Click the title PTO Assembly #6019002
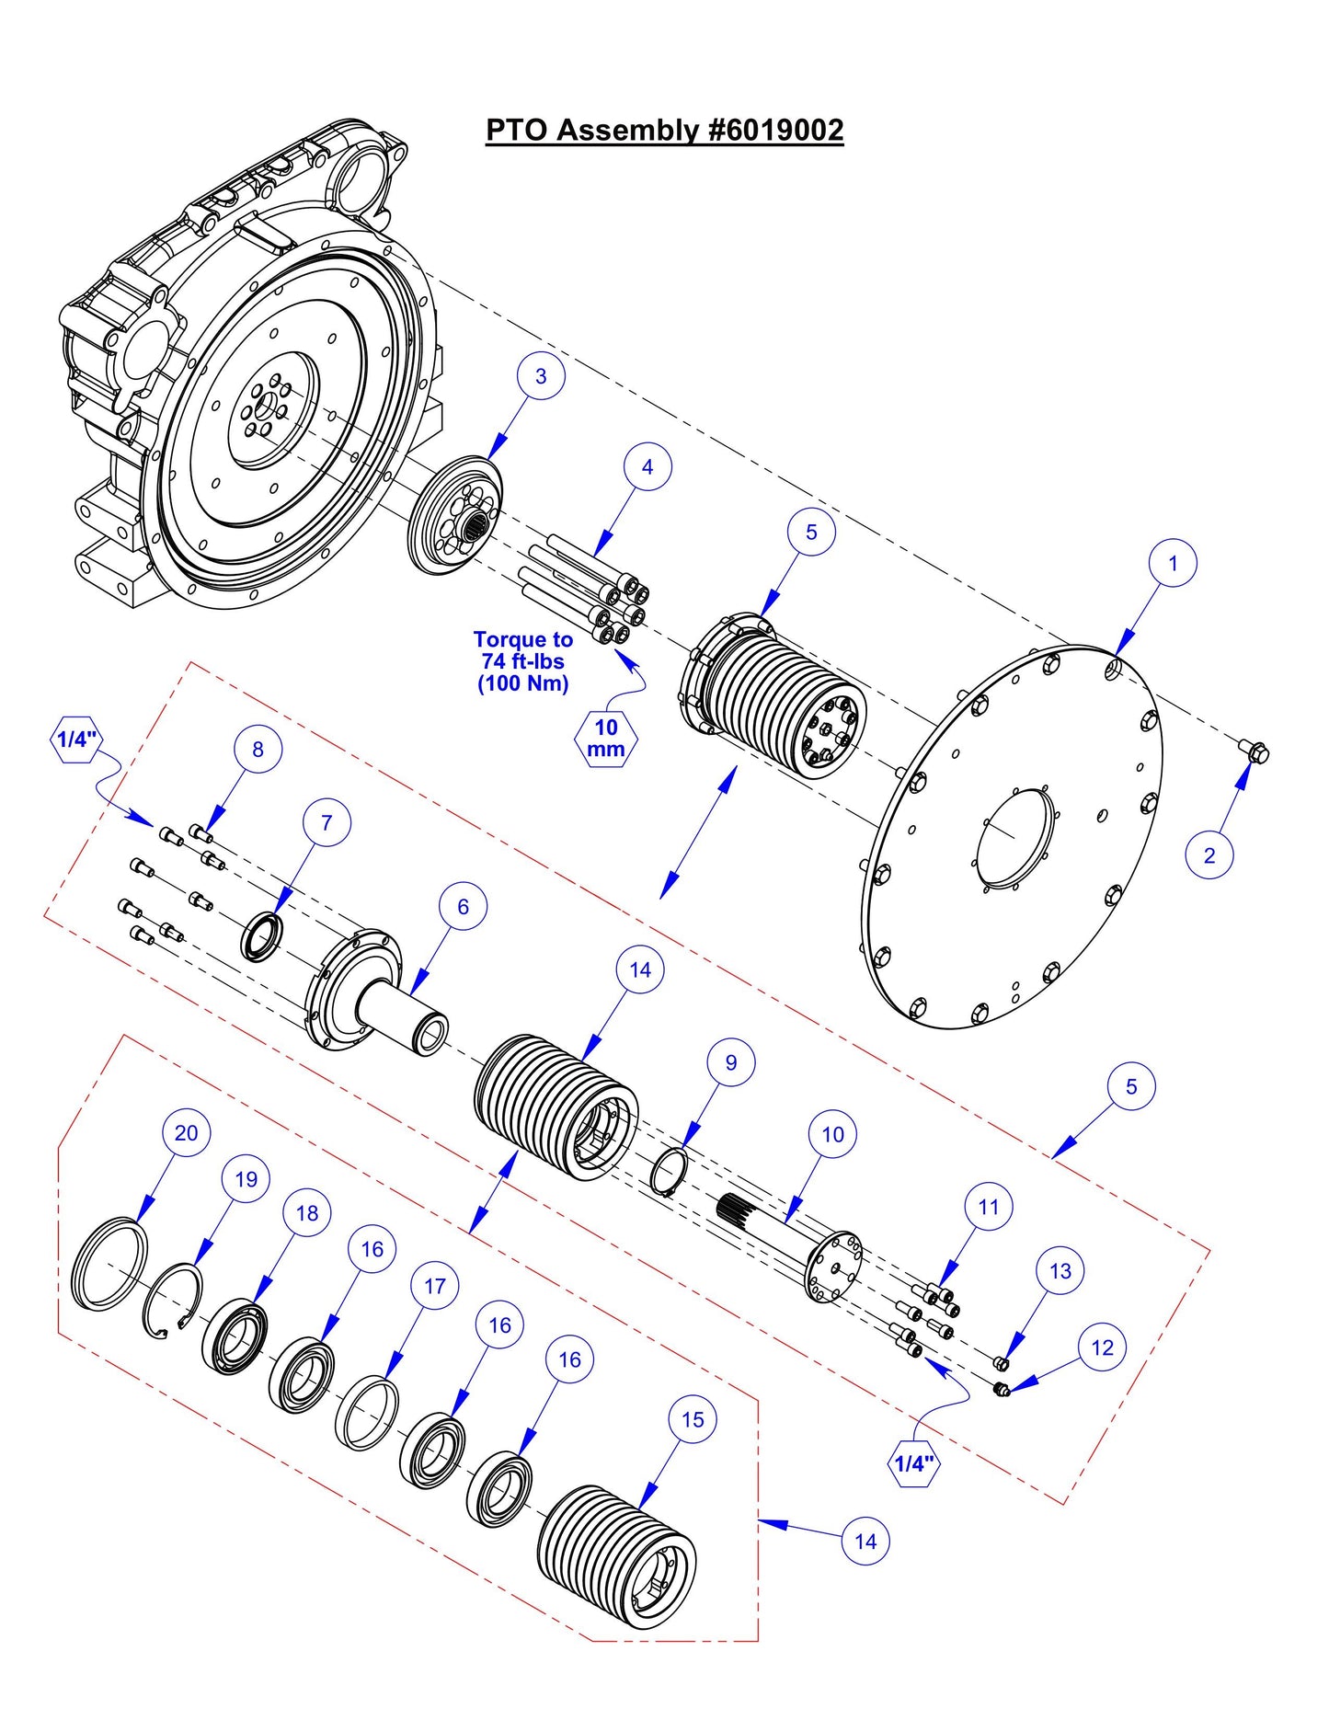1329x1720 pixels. (x=664, y=130)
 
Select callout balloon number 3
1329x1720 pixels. (x=541, y=376)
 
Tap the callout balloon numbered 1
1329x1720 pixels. (x=1173, y=563)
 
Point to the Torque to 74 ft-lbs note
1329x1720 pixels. (x=522, y=661)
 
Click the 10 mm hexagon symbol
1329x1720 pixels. (x=605, y=739)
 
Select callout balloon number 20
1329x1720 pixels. (x=186, y=1133)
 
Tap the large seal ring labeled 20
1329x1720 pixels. (x=109, y=1263)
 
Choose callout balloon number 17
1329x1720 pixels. (x=435, y=1286)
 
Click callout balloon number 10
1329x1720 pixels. (x=832, y=1134)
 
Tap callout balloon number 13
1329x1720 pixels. (x=1060, y=1271)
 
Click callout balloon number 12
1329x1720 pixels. (x=1103, y=1347)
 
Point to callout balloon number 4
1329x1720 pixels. (x=647, y=467)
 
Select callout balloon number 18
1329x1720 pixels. (x=307, y=1213)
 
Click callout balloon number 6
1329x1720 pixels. (x=464, y=907)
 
